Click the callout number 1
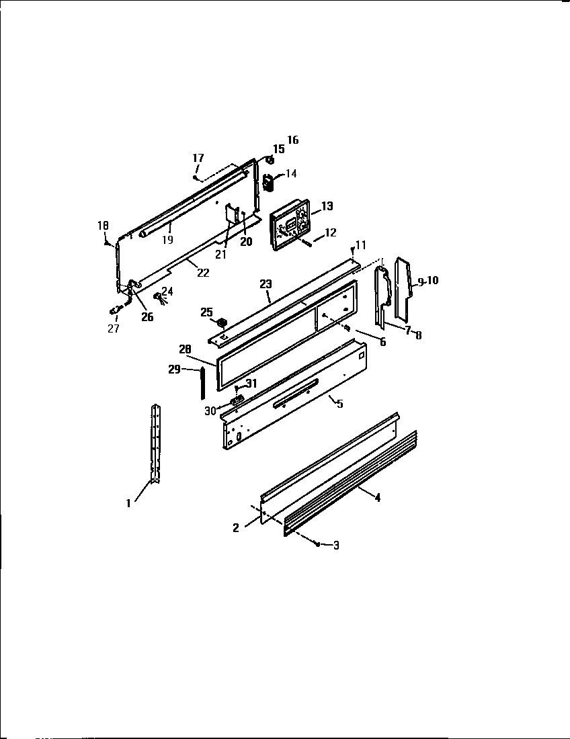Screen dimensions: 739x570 tap(128, 501)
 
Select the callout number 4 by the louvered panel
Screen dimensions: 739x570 tap(378, 498)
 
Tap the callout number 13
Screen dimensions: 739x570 tap(327, 206)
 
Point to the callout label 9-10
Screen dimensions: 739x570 tap(427, 281)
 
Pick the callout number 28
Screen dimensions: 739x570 tap(186, 349)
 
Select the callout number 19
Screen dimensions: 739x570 tap(167, 239)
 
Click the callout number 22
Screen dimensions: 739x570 tap(203, 272)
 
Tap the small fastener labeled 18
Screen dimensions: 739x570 tap(106, 243)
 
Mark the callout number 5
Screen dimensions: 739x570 tap(339, 404)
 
